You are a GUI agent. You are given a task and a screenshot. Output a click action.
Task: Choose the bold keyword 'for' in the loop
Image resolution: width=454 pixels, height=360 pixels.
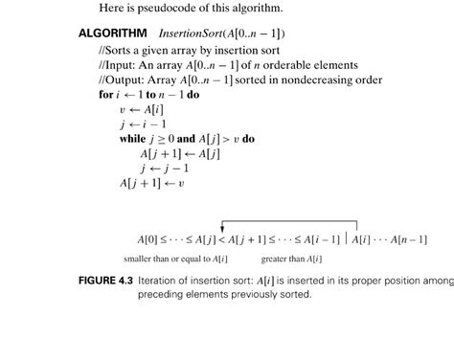coord(104,95)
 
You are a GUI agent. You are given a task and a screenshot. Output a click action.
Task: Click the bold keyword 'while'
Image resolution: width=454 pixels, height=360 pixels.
coord(132,139)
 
